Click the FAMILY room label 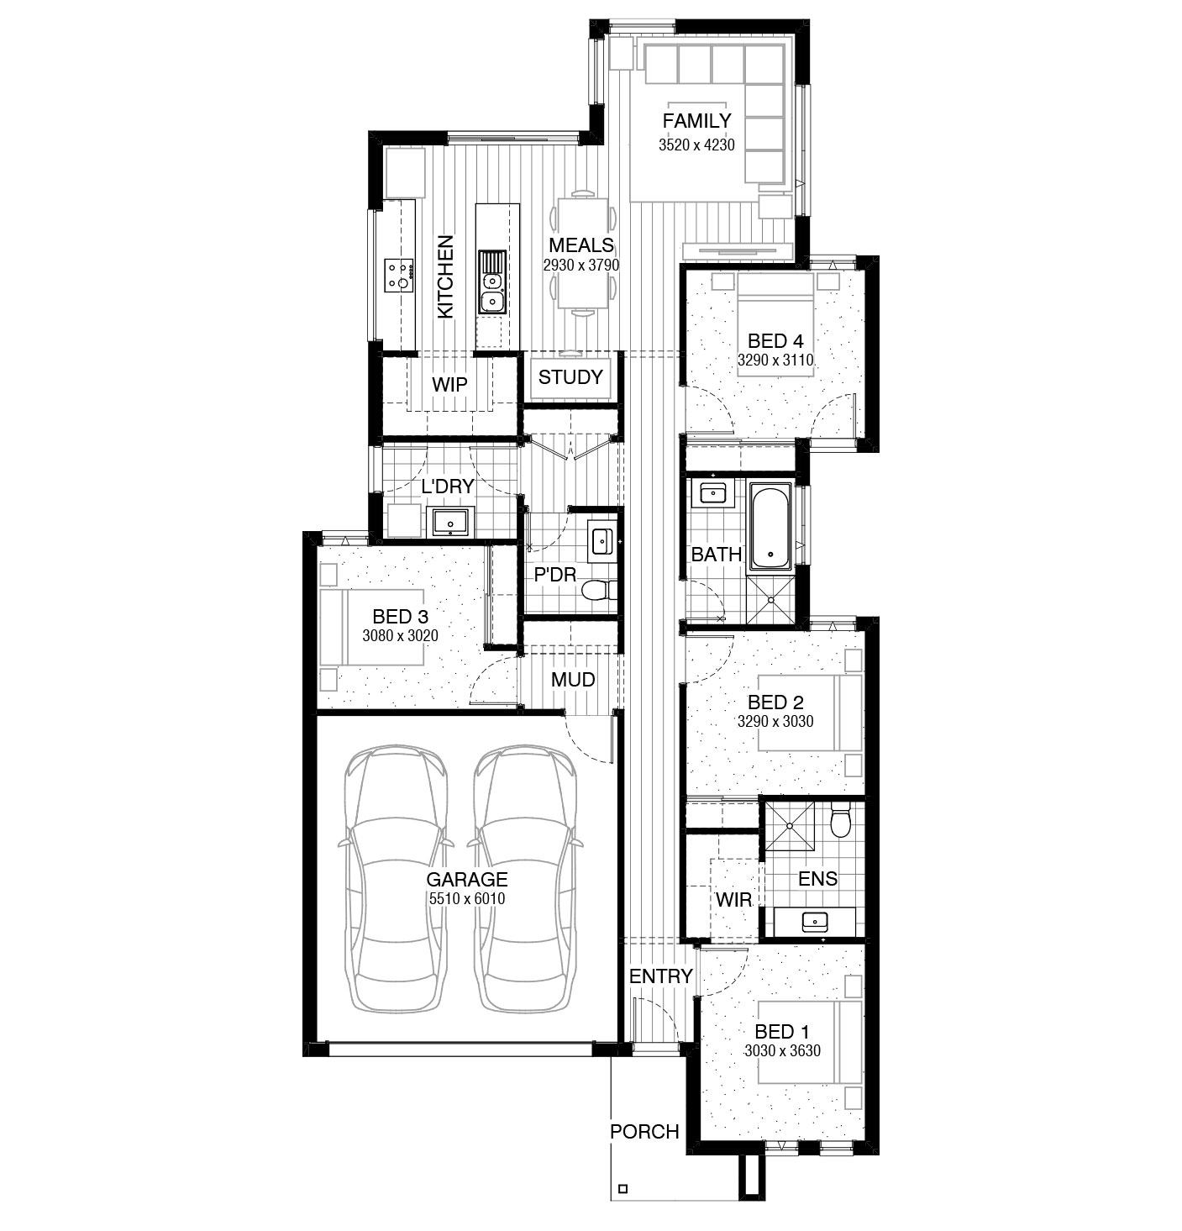click(x=696, y=120)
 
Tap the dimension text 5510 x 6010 click(x=467, y=898)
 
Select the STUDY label click(x=570, y=377)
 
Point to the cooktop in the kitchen click(x=399, y=275)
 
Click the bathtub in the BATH click(x=770, y=526)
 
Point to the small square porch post click(x=623, y=1189)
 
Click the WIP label click(x=449, y=385)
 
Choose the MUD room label click(x=573, y=680)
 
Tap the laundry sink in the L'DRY click(x=450, y=522)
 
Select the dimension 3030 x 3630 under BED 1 click(x=782, y=1050)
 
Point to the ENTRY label click(x=661, y=976)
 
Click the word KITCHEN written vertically click(x=445, y=277)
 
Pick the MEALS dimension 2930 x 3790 click(x=581, y=265)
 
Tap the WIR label click(x=733, y=900)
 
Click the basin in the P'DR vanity click(x=600, y=540)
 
